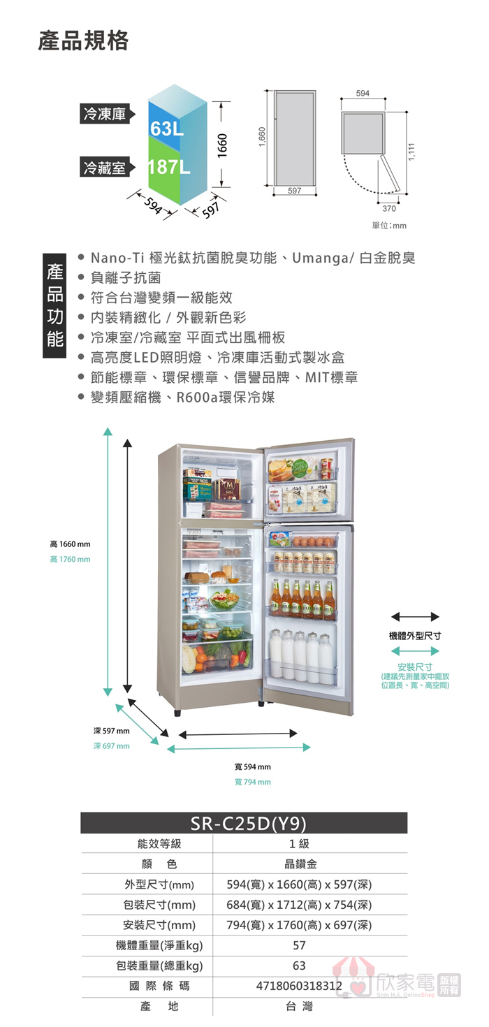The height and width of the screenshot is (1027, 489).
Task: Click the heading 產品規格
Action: click(83, 41)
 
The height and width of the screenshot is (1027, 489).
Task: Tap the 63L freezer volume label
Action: click(166, 129)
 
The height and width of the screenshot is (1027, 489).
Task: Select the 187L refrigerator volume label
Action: click(168, 168)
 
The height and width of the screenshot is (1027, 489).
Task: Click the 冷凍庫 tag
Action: click(105, 115)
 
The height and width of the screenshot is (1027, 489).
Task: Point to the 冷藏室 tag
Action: click(105, 168)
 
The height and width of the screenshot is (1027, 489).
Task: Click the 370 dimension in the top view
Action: click(390, 208)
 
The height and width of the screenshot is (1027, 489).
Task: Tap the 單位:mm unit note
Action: click(389, 226)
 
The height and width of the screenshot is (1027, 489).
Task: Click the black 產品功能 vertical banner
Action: click(54, 305)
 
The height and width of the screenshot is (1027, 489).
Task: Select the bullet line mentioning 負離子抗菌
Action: click(126, 277)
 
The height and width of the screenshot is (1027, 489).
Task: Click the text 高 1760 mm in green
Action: click(70, 559)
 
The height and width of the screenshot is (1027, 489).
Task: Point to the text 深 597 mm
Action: click(111, 731)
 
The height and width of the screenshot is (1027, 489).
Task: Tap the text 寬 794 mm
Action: click(253, 782)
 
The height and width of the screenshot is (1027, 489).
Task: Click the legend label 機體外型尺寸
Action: click(415, 636)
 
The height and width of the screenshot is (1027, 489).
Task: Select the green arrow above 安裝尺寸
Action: click(415, 651)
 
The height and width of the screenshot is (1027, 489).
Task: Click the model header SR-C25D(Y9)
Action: click(244, 823)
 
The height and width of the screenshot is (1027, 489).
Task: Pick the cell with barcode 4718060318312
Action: click(298, 986)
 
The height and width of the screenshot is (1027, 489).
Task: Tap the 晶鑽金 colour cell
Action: click(298, 864)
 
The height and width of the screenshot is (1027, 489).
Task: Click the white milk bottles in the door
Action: click(306, 657)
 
